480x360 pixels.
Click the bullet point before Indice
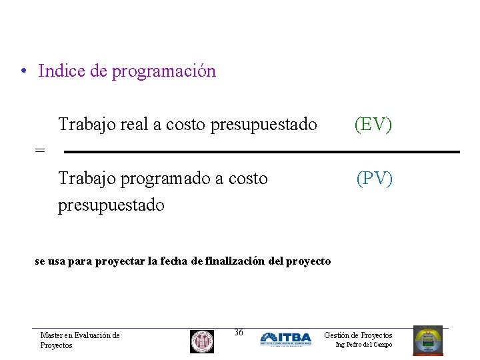tap(23, 71)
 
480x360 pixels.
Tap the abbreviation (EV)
tap(373, 124)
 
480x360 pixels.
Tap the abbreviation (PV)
tap(375, 179)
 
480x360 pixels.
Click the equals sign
tap(40, 151)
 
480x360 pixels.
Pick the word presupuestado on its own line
tap(111, 205)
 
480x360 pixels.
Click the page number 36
tap(239, 332)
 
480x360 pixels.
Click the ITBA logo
tap(286, 339)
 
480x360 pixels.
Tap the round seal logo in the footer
tap(202, 341)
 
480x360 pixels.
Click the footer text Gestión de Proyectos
tap(358, 335)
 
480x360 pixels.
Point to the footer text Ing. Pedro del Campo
tap(363, 345)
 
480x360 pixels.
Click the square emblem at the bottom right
tap(427, 340)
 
